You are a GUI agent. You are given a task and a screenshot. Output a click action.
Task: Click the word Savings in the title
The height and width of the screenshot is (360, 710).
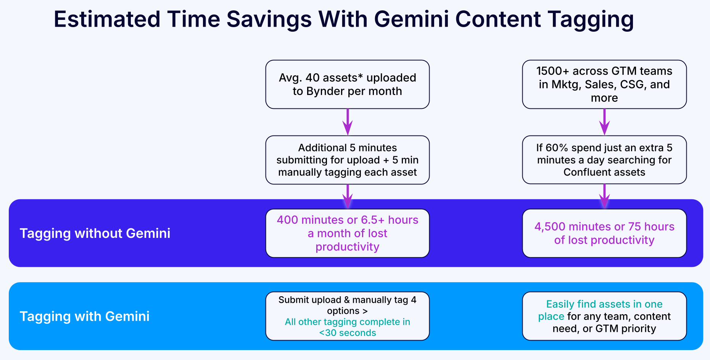[x=269, y=19]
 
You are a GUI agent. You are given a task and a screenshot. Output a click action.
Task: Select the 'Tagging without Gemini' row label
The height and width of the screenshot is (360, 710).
[x=95, y=233]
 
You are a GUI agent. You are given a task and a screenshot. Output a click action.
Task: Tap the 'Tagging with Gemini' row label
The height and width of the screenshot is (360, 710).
[x=84, y=316]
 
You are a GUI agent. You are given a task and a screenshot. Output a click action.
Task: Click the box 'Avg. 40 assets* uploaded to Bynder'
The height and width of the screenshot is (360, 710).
[x=347, y=84]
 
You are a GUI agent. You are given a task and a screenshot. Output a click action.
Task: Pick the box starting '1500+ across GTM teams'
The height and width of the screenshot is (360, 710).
[x=604, y=84]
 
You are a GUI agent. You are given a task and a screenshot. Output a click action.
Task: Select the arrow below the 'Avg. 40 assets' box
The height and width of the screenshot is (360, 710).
[x=347, y=122]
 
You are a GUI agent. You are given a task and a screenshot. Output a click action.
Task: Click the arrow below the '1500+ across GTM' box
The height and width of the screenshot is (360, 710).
[x=604, y=122]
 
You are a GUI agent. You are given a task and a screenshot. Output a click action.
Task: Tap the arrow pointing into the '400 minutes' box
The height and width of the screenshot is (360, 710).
[x=347, y=197]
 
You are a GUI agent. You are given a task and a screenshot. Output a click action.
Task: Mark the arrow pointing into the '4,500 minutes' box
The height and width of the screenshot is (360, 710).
[x=604, y=197]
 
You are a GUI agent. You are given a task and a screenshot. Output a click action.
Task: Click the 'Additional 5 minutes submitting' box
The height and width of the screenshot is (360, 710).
[x=347, y=160]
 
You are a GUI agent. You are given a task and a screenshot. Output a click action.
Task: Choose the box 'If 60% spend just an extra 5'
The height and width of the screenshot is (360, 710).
[x=604, y=160]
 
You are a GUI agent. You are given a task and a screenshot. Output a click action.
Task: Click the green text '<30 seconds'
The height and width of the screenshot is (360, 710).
[x=347, y=333]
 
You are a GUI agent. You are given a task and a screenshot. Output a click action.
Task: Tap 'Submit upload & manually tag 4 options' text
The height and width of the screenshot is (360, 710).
[x=347, y=305]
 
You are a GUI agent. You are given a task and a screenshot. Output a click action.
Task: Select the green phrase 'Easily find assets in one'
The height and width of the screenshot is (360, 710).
[x=604, y=304]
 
